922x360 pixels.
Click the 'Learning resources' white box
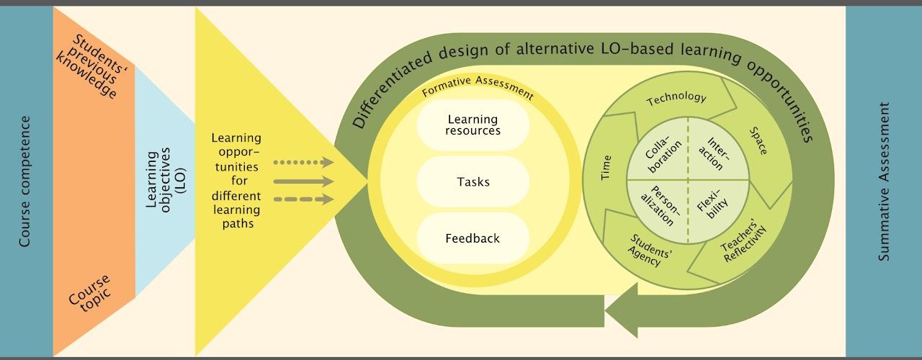473,125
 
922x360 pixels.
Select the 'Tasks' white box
473,181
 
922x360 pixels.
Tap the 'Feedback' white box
473,238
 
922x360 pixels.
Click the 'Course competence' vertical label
25,181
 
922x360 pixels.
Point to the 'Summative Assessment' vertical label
885,181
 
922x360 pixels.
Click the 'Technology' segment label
676,99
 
